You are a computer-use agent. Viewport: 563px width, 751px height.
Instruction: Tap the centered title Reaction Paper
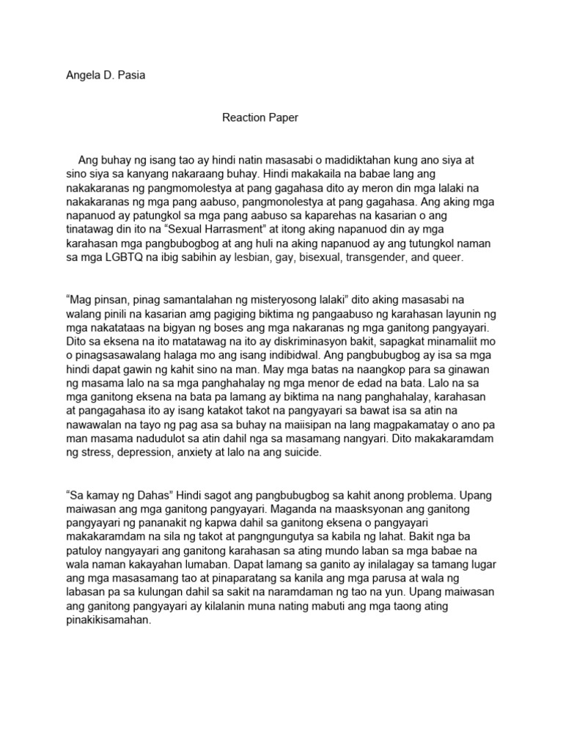click(260, 117)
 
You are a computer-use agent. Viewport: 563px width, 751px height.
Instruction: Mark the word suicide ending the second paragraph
click(301, 453)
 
